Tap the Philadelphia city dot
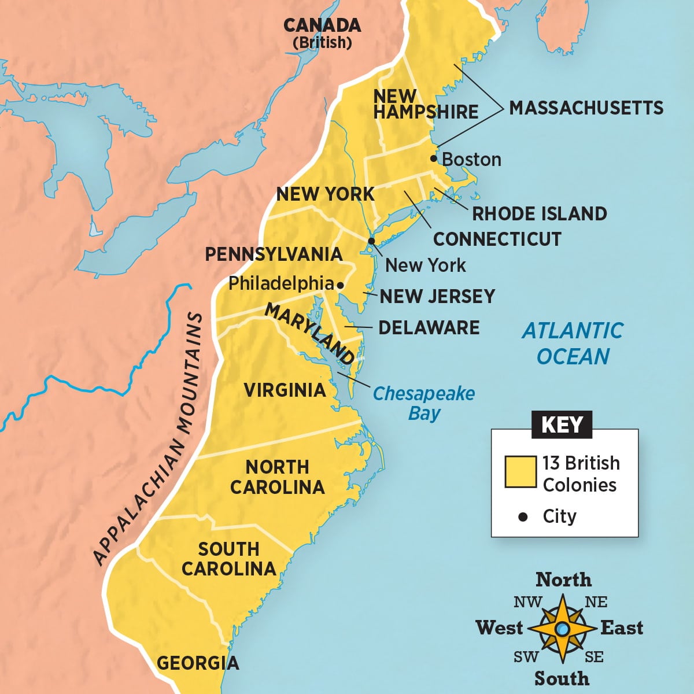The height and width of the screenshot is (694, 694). coord(341,285)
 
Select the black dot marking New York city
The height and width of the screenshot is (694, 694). coord(371,241)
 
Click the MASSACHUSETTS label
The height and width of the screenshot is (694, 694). coord(586,108)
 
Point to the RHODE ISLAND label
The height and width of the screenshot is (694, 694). coord(539,213)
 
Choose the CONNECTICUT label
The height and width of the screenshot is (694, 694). coord(497,239)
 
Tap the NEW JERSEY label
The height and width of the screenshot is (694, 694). coord(437,296)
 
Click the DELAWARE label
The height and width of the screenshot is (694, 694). coord(429,327)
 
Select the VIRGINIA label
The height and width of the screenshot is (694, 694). coord(285,390)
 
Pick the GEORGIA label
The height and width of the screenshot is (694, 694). coord(198,663)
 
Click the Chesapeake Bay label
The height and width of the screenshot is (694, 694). coord(423,403)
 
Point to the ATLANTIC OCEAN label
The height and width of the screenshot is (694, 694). coord(573,344)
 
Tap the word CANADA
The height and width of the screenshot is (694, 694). coord(322,25)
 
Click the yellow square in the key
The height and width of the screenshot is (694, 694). coord(520,472)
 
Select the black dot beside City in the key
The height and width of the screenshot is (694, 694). coord(523,516)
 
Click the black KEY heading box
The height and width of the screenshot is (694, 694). coord(562,424)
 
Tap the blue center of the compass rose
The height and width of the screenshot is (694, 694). coord(562,628)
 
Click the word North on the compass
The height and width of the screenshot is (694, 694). coord(563,579)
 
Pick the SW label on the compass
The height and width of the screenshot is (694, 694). coord(526,657)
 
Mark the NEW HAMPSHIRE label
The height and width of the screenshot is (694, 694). coord(426,104)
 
